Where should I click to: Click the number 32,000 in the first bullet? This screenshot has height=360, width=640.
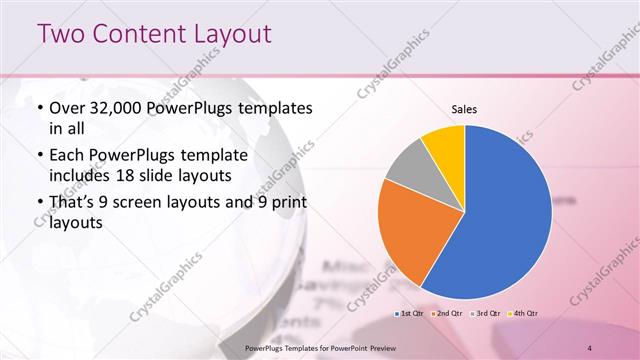(119, 108)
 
